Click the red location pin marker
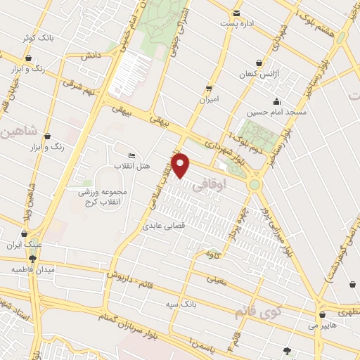click(181, 165)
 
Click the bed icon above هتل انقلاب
click(132, 155)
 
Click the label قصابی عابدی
click(162, 226)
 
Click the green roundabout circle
click(254, 185)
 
